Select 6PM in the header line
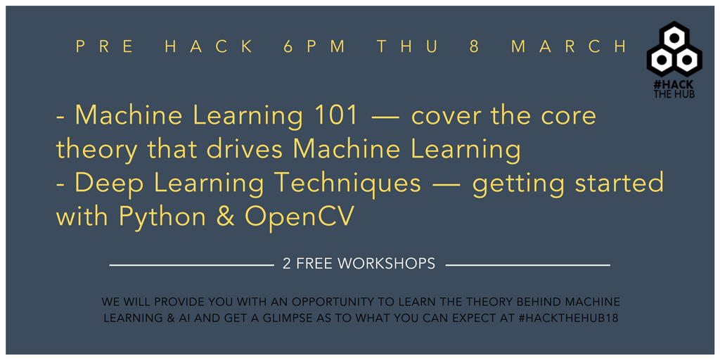(x=315, y=46)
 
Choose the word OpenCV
(x=300, y=217)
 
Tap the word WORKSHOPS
(x=386, y=264)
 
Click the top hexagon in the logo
(x=674, y=37)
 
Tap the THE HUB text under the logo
(x=674, y=94)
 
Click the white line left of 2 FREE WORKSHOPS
(x=191, y=265)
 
